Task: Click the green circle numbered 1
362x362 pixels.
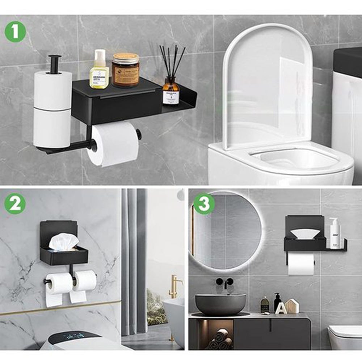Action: [x=15, y=32]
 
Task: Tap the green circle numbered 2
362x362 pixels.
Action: [x=15, y=204]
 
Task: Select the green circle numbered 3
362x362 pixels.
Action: [x=204, y=203]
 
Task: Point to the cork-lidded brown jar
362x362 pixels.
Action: [x=125, y=70]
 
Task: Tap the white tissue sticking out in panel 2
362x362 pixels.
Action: [x=64, y=242]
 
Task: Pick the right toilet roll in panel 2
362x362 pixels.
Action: [x=84, y=280]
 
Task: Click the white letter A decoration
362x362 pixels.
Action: [x=281, y=308]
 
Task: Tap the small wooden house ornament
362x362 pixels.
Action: [x=292, y=306]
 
